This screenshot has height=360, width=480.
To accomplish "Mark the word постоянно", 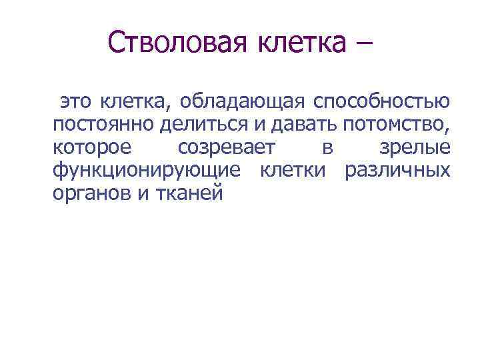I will click(x=99, y=125).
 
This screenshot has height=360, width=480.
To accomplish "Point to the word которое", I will click(x=91, y=147).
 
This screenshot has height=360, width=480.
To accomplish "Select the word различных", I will click(x=396, y=171).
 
